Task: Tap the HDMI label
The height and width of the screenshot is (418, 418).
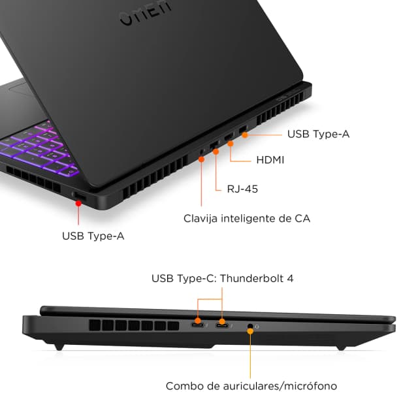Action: pos(269,159)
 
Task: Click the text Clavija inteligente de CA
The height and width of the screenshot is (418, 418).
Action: pos(247,218)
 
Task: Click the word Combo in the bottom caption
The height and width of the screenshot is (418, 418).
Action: pos(182,386)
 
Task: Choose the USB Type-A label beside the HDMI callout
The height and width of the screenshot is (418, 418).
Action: pos(318,134)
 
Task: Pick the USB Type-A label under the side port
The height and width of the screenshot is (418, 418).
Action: pos(93,236)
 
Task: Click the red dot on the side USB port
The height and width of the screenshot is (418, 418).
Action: pos(79,202)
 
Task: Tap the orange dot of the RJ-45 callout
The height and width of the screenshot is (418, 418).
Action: pos(215,152)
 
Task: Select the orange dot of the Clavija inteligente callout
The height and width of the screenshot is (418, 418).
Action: pos(202,159)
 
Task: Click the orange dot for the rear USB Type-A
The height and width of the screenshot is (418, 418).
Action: pos(245,135)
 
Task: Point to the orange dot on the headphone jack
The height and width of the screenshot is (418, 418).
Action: pos(250,331)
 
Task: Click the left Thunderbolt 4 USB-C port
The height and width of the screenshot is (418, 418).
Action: pos(197,325)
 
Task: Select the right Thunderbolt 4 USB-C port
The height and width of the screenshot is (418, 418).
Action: pos(222,325)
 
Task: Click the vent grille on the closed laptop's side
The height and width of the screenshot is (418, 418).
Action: pos(140,325)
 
